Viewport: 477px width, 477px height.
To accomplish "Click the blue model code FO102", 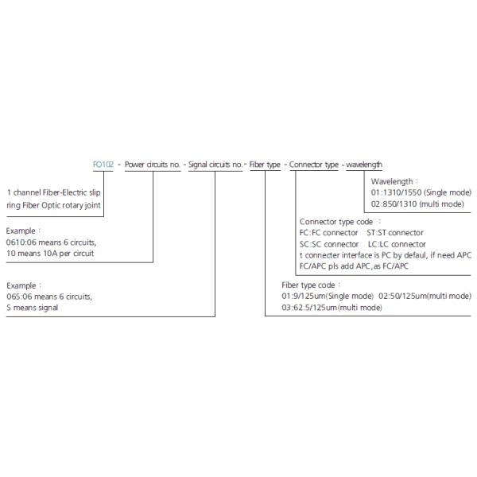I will (103, 165).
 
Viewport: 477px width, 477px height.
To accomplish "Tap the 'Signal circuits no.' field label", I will (215, 165).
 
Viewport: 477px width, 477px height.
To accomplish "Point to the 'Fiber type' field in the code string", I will (265, 165).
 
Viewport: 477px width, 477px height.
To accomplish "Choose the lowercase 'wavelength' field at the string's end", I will (364, 165).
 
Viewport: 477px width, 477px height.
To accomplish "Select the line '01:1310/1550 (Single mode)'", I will (421, 193).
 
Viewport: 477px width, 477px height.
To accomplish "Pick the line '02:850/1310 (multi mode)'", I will (417, 205).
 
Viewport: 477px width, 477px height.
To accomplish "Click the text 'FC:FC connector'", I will (329, 232).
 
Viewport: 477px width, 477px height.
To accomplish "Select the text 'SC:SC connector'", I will (329, 243).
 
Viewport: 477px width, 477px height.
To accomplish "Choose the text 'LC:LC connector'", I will (397, 243).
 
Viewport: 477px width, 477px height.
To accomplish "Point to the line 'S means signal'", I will (33, 307).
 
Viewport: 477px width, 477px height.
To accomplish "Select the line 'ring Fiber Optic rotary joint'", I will (54, 204).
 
